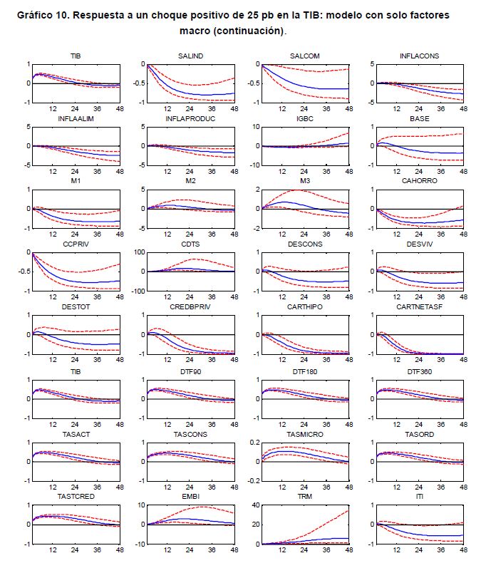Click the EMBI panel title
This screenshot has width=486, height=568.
(x=188, y=495)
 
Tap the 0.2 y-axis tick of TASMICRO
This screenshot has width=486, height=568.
(x=254, y=442)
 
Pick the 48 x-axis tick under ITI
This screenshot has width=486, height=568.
(x=462, y=550)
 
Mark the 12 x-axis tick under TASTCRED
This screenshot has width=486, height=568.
(x=52, y=550)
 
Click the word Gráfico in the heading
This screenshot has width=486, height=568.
(x=37, y=15)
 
